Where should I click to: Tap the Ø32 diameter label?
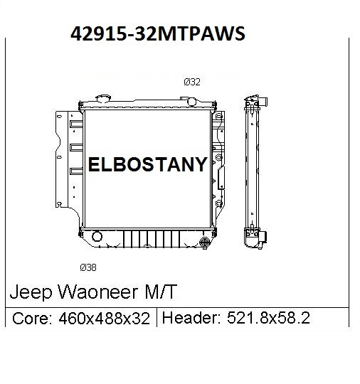click(x=192, y=82)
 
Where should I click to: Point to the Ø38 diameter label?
click(x=89, y=267)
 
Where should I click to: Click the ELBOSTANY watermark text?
click(x=147, y=165)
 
